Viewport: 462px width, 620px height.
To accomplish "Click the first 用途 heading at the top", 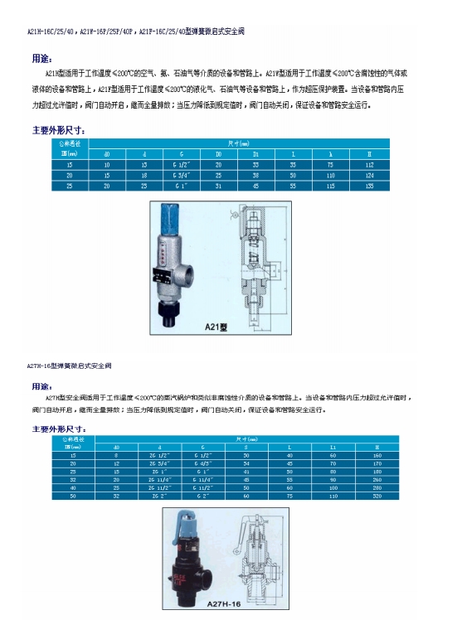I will tap(41, 60).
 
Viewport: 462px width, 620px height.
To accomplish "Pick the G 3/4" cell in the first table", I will tap(182, 176).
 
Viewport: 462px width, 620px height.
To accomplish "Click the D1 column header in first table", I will tap(255, 154).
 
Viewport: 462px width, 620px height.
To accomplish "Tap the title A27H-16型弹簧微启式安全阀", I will tap(70, 365).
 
